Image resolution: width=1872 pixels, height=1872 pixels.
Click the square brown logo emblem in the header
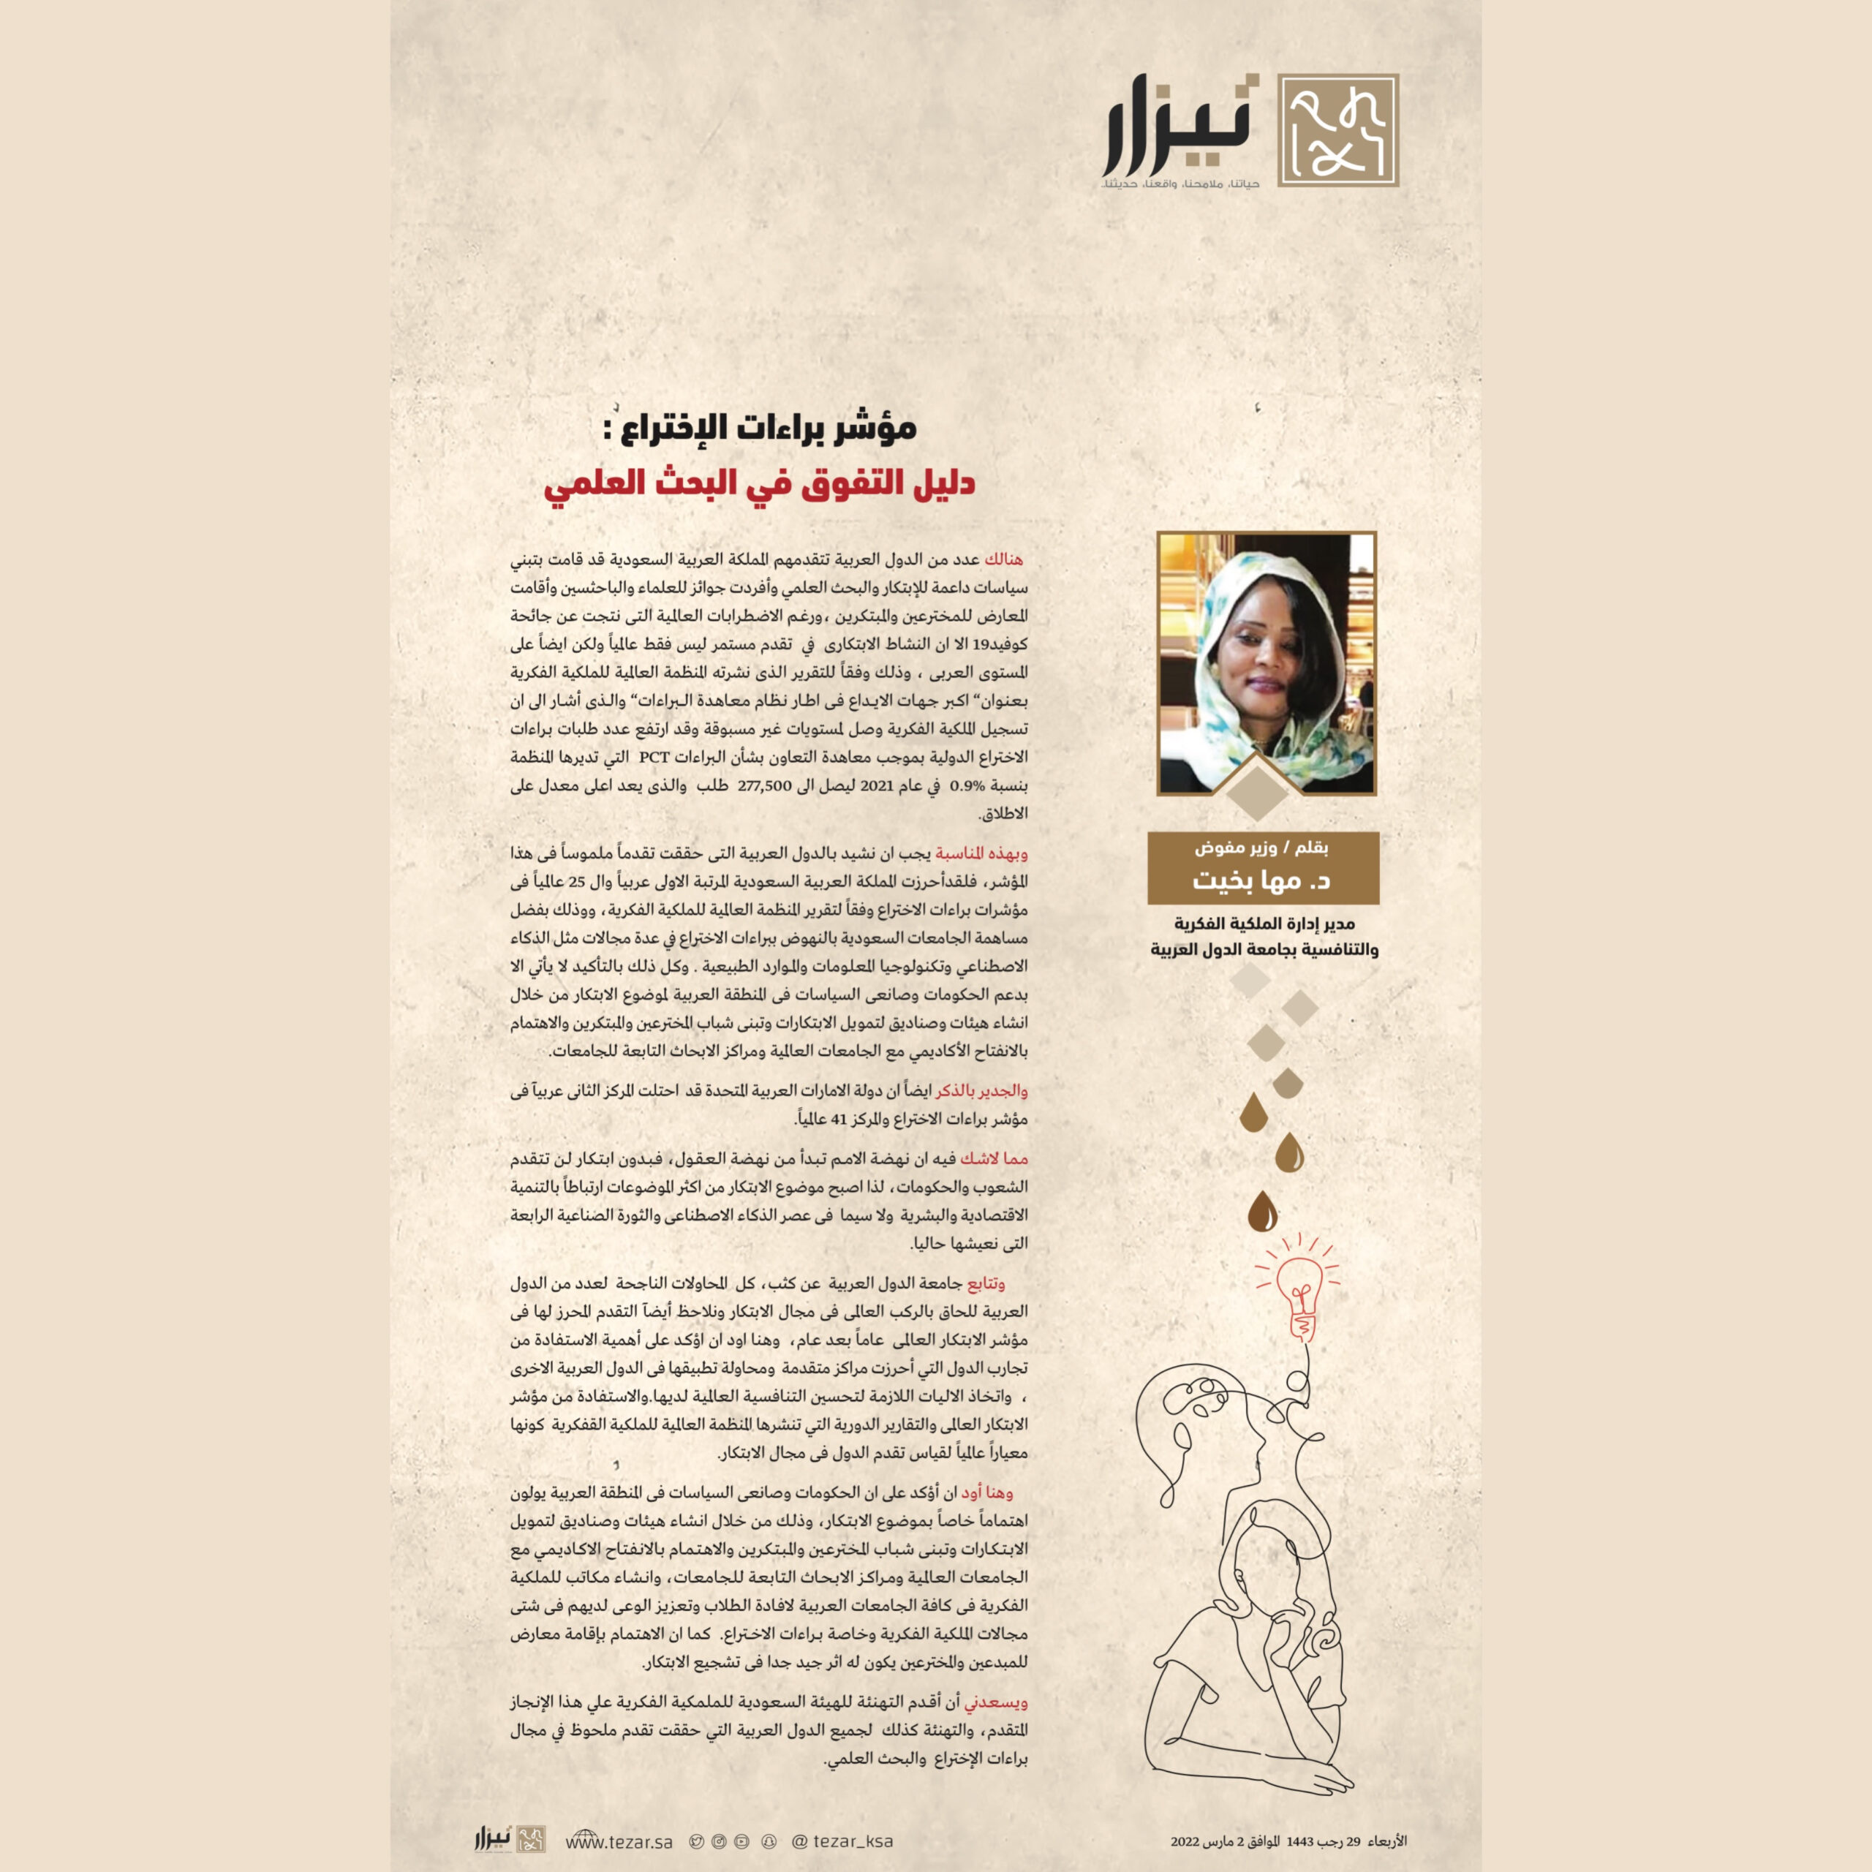tap(1338, 130)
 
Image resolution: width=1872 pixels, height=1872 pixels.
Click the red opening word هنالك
tap(1003, 559)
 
